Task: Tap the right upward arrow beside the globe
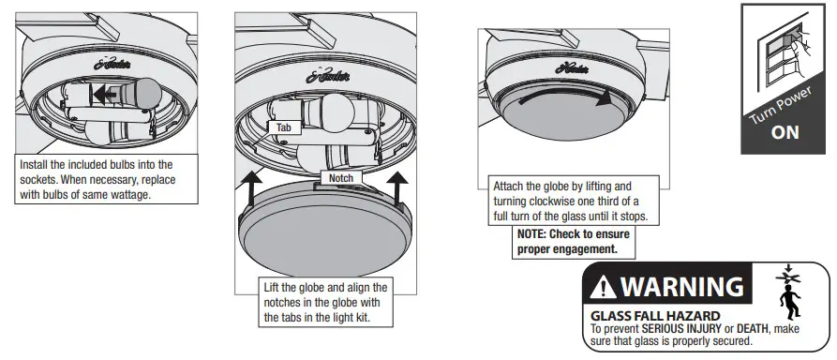coord(399,189)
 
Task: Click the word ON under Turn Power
coord(785,132)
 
